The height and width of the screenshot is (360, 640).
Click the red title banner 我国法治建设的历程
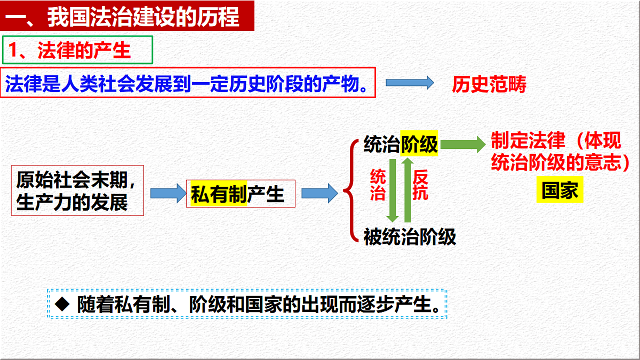(x=127, y=17)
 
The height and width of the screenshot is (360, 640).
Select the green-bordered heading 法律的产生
(x=78, y=50)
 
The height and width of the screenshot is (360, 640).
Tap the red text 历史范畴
(x=489, y=84)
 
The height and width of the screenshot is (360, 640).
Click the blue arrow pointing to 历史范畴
(x=410, y=83)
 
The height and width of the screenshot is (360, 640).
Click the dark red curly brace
(x=349, y=191)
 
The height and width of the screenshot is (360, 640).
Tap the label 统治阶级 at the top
(x=401, y=145)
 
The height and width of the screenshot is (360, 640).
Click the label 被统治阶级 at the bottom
(x=410, y=236)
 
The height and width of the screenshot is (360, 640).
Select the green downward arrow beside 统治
(x=393, y=190)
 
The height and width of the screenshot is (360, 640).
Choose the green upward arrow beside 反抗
(x=407, y=190)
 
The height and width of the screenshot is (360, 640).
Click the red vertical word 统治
(x=378, y=185)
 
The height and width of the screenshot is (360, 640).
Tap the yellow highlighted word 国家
(x=559, y=191)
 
